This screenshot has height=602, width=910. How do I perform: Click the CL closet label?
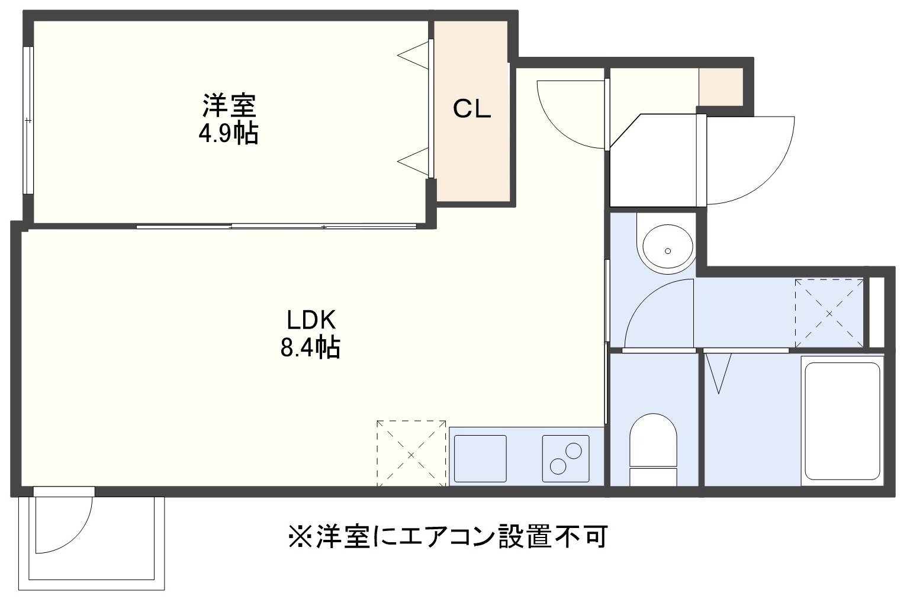472,109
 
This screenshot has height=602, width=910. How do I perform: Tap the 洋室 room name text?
229,105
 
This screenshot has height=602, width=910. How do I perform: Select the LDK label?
311,320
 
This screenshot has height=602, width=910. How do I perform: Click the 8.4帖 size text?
310,346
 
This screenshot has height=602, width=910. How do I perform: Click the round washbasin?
667,247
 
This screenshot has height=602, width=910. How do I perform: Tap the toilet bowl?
653,449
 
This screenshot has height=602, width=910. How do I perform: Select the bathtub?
842,421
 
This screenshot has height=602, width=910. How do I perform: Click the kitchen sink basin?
480,459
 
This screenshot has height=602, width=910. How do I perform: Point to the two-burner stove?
565,459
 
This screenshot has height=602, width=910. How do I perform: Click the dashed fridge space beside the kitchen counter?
411,453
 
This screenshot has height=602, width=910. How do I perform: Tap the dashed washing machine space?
829,313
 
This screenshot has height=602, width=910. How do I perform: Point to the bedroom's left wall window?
28,120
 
